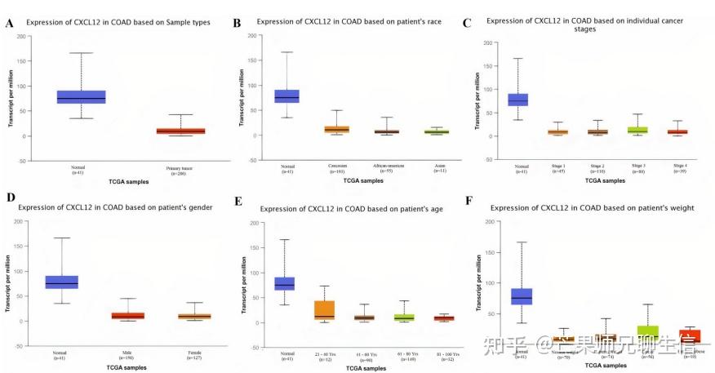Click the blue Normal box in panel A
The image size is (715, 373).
[x=81, y=97]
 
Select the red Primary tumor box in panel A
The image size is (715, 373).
[x=181, y=130]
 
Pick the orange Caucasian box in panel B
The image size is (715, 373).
[x=337, y=129]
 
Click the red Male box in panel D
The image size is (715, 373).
[x=128, y=315]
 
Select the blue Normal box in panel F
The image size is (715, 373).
[x=522, y=296]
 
